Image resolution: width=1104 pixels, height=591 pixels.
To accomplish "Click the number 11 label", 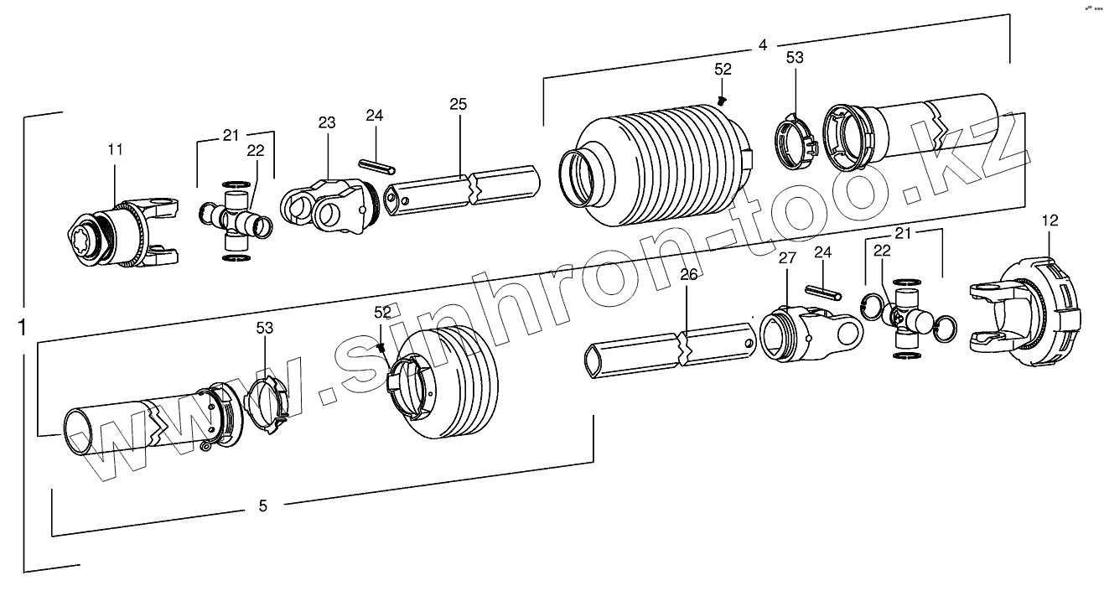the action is pyautogui.click(x=115, y=149).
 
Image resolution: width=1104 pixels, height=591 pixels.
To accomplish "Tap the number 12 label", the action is pyautogui.click(x=1050, y=220).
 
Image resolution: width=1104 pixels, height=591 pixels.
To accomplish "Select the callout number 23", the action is pyautogui.click(x=326, y=122).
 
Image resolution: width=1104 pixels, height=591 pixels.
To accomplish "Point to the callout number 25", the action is pyautogui.click(x=458, y=104).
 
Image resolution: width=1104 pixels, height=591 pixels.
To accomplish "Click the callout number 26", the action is pyautogui.click(x=688, y=274).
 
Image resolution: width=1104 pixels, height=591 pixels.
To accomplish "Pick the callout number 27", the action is pyautogui.click(x=786, y=258).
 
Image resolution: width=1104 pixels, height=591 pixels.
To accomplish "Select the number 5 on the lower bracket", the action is pyautogui.click(x=262, y=505).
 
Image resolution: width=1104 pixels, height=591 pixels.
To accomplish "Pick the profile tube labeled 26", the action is pyautogui.click(x=671, y=346).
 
